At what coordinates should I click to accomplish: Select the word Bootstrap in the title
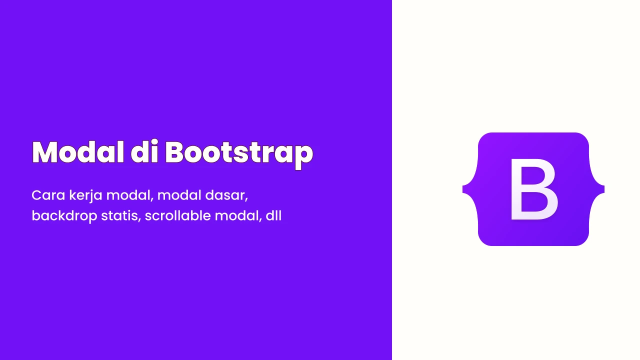click(x=239, y=154)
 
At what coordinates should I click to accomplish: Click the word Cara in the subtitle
click(x=48, y=195)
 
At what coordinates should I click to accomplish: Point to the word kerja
click(x=85, y=196)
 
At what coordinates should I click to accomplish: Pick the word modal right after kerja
click(x=128, y=195)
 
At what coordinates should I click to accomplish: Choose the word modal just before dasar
click(x=179, y=195)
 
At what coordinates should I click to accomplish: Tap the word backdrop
click(x=64, y=216)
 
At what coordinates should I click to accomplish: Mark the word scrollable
click(x=177, y=215)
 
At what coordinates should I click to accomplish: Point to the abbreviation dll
click(x=273, y=215)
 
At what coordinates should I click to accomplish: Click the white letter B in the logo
click(x=533, y=189)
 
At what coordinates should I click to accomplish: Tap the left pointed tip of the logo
click(x=463, y=189)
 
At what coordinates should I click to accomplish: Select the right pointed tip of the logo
click(x=603, y=189)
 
